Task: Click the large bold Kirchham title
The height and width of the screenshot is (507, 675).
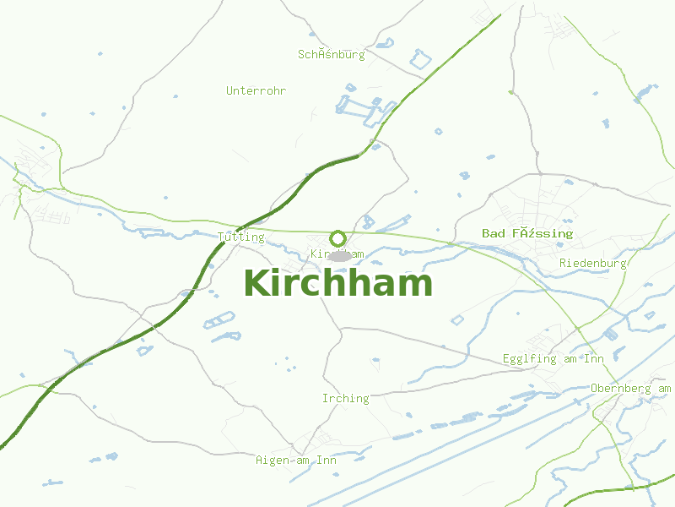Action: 337,283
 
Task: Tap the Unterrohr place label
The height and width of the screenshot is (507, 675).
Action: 256,90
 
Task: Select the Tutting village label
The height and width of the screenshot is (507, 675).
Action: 241,237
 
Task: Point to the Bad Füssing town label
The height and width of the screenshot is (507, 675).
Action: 527,233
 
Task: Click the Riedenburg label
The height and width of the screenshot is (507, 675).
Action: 593,263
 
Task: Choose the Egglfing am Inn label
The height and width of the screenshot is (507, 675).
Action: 553,359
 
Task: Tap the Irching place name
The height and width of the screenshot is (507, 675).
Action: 346,398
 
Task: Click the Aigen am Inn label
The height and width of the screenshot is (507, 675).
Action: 296,461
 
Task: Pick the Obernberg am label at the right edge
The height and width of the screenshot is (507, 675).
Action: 631,388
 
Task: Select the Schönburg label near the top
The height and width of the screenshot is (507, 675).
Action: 332,55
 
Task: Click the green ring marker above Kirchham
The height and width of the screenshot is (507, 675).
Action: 338,238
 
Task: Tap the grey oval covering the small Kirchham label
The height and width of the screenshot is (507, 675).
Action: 339,255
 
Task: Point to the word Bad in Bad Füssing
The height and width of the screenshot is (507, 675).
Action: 493,233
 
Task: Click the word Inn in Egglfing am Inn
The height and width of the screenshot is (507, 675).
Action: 594,359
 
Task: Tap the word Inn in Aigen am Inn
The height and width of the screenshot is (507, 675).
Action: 327,461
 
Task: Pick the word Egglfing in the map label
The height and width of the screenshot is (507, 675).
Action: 530,359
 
